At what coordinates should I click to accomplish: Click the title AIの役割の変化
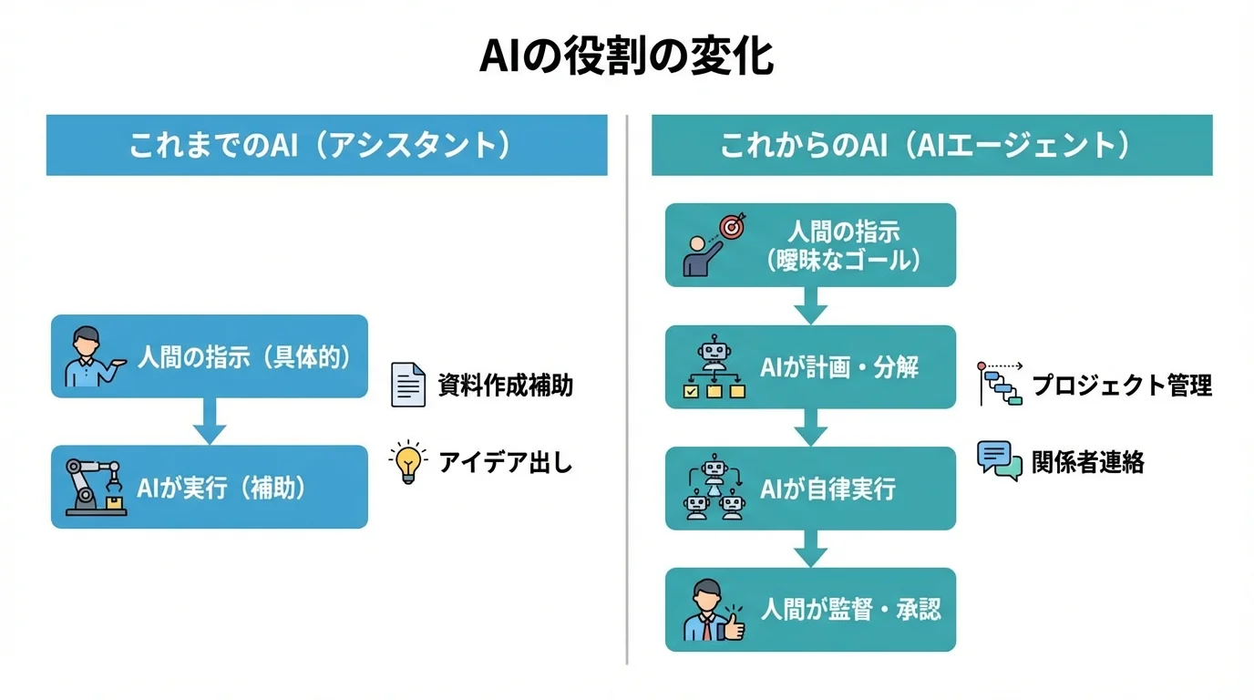(627, 57)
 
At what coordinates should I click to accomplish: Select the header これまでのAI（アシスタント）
(326, 145)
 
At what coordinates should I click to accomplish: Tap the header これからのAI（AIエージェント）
(931, 145)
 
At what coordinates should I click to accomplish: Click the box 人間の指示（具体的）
(210, 356)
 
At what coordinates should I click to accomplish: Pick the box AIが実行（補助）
(210, 487)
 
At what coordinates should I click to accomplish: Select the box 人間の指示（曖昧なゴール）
(810, 245)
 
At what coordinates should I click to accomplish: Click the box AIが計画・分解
(810, 367)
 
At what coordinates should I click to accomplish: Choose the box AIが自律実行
(810, 489)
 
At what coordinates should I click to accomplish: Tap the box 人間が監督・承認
(810, 610)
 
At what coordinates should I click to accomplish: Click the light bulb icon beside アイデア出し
(408, 463)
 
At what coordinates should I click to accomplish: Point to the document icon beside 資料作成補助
(408, 385)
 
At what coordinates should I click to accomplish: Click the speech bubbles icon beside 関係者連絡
(999, 460)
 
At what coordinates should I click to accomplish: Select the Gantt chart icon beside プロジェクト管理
(1001, 384)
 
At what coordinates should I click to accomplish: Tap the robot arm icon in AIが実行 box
(93, 487)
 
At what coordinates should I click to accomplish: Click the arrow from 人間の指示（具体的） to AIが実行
(210, 421)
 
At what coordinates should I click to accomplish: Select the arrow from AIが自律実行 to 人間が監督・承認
(810, 549)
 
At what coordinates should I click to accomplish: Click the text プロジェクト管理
(1122, 386)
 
